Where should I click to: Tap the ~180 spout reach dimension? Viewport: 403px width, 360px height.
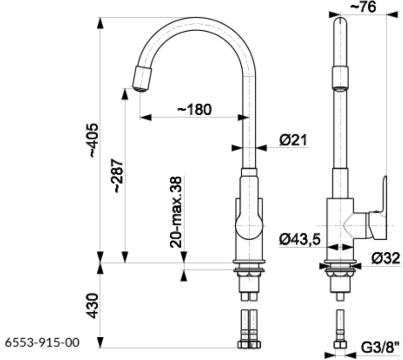click(x=193, y=109)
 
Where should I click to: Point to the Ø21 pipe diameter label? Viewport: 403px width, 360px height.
click(x=293, y=140)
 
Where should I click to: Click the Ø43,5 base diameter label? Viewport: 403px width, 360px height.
click(x=300, y=240)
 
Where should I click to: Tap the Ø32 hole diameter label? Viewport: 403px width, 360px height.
click(x=386, y=258)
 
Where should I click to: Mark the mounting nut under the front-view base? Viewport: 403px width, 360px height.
click(x=249, y=273)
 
